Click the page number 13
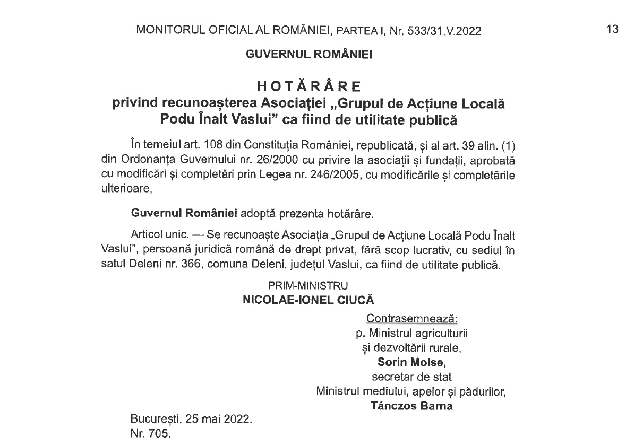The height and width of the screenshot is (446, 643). [612, 30]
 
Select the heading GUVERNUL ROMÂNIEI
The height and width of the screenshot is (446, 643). [308, 54]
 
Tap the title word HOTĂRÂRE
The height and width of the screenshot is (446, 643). [308, 86]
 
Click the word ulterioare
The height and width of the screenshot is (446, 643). [126, 188]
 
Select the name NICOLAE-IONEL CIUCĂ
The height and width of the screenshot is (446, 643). [308, 300]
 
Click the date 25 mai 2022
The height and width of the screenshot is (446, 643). [218, 419]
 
